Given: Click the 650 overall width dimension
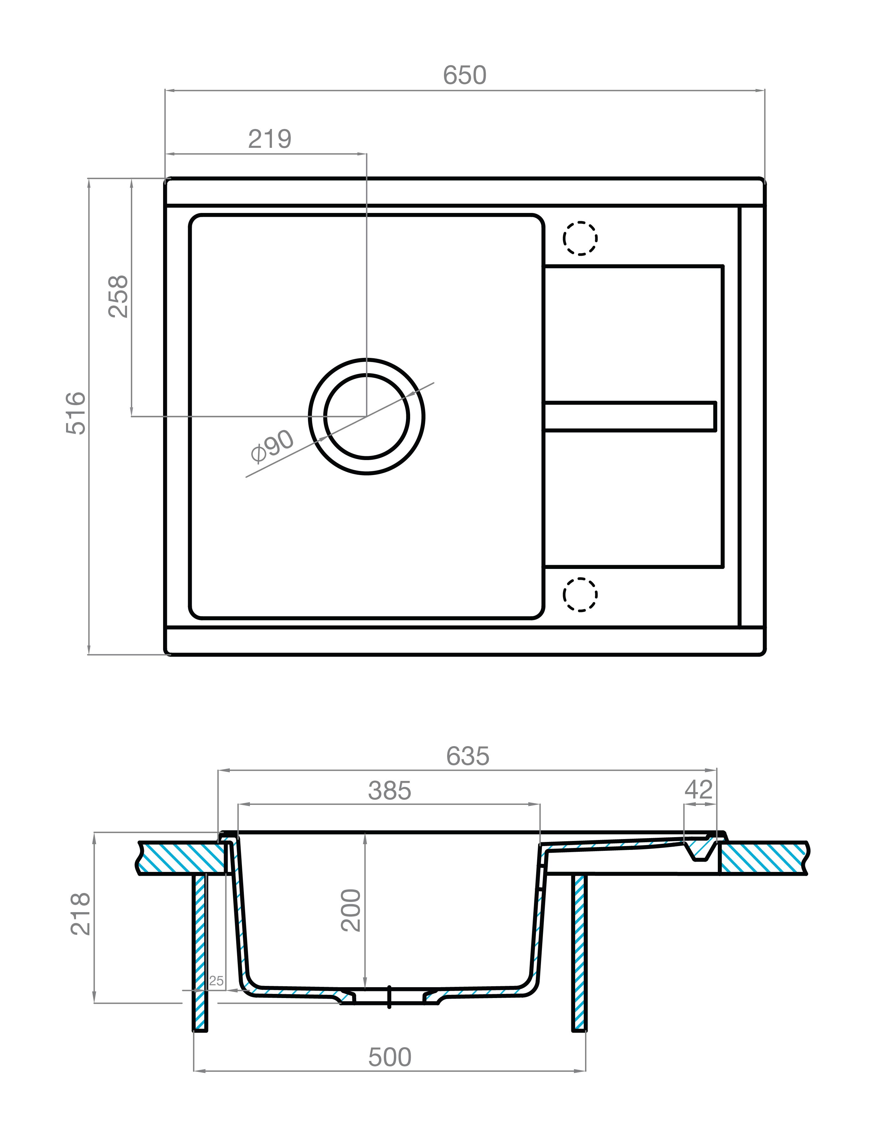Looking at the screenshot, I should tap(464, 75).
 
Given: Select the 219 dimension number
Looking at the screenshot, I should tap(270, 139).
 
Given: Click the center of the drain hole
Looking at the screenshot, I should tap(366, 416).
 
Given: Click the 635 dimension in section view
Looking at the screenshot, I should tap(468, 756).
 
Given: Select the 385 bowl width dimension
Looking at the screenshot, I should tap(389, 791).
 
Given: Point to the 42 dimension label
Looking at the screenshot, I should tap(698, 790).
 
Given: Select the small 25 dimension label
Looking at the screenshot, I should tap(216, 980).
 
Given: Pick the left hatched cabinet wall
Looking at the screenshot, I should tap(200, 954).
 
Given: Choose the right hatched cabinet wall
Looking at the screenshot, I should tap(580, 954).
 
